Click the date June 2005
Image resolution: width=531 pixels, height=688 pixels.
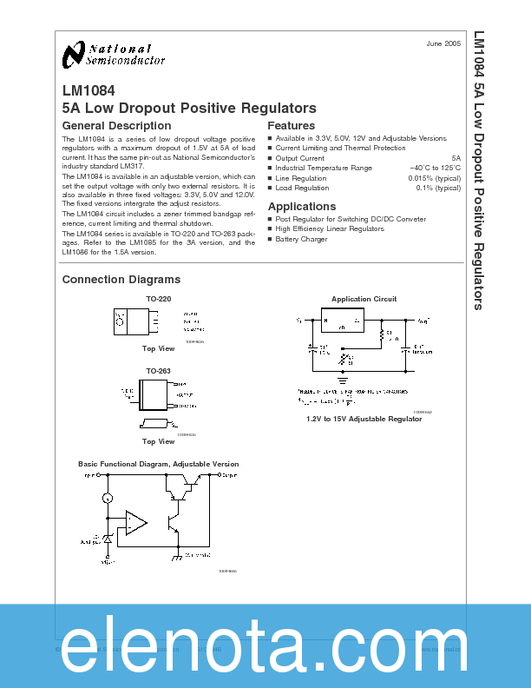click(444, 43)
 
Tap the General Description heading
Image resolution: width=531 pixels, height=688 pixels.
click(116, 126)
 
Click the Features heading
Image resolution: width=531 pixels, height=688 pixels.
click(291, 126)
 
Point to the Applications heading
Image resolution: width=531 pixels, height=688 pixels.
click(301, 207)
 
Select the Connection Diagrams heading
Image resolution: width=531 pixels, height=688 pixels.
click(121, 280)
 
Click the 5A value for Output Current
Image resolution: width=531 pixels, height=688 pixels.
click(456, 158)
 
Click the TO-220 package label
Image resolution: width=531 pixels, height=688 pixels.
click(158, 299)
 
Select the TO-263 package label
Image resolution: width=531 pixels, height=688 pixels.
click(158, 371)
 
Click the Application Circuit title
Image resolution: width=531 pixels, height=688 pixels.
click(364, 299)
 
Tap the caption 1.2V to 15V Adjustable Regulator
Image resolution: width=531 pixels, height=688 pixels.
click(364, 419)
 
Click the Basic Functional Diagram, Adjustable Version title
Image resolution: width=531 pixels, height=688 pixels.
click(158, 464)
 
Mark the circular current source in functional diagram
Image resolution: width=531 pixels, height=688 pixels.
click(108, 498)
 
